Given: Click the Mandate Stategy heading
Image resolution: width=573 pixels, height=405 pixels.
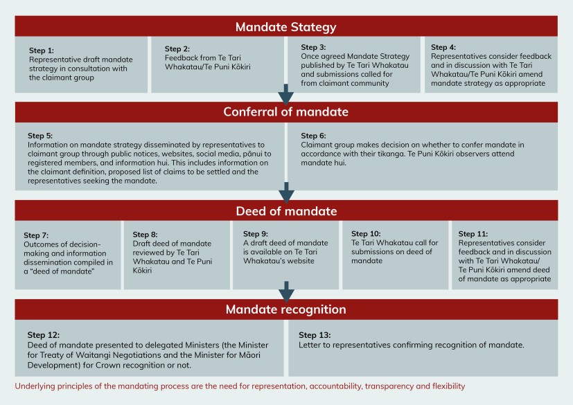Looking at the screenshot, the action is (x=285, y=27).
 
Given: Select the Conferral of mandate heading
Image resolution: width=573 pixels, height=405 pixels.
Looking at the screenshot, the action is (x=285, y=111).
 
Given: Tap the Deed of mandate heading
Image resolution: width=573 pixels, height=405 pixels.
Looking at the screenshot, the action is (x=286, y=211).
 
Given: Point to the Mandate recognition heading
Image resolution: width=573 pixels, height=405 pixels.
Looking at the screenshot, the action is (x=285, y=309).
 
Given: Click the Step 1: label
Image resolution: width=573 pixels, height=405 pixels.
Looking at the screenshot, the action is (x=42, y=51).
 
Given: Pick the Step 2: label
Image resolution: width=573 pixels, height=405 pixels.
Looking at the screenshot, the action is (x=177, y=48).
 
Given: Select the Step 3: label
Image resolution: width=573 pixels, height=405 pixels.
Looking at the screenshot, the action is (x=313, y=47).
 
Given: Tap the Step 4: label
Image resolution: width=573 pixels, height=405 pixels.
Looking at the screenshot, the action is (x=443, y=47).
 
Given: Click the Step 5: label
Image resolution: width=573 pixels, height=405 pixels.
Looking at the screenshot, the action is (x=40, y=136).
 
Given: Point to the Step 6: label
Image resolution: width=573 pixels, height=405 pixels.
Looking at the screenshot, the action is (x=313, y=136).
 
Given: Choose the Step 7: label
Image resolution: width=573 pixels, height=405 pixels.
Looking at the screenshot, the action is (x=36, y=235).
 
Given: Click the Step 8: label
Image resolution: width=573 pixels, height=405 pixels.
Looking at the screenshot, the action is (x=145, y=235).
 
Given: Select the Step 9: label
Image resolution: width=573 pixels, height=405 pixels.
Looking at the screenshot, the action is (x=256, y=234).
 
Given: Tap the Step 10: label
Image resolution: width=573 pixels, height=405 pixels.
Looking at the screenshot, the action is (x=366, y=234).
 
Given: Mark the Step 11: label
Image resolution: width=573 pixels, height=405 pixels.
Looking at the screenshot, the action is (x=473, y=234).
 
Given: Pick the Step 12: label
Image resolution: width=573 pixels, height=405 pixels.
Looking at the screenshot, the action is (x=43, y=335).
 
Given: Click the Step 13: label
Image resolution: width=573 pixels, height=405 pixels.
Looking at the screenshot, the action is (x=315, y=335).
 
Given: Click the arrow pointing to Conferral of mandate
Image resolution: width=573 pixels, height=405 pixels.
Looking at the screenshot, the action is (x=285, y=95).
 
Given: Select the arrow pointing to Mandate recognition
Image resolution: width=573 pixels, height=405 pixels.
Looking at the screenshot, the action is (x=287, y=291).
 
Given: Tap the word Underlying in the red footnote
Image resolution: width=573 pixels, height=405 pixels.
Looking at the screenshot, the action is (x=32, y=386).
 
